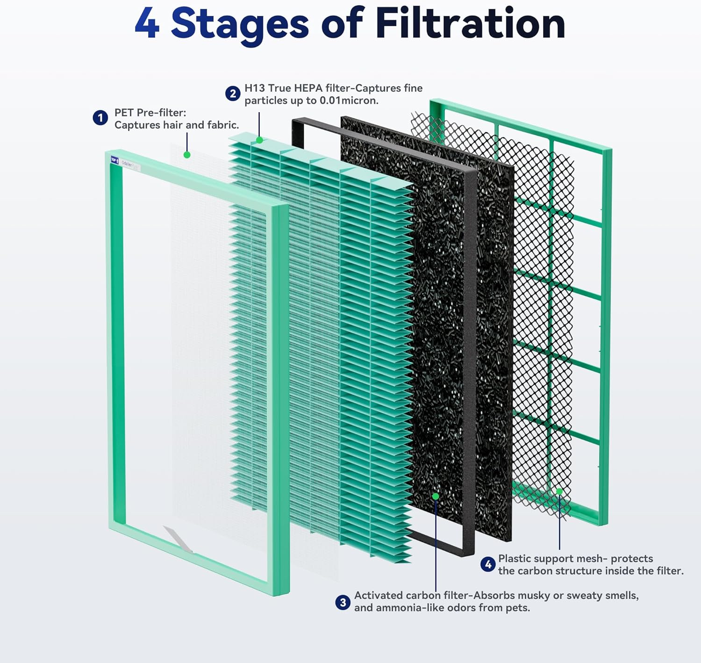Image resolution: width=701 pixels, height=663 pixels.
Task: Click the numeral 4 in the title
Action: click(x=147, y=24)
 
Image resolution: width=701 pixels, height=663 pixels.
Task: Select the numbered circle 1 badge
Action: click(x=100, y=118)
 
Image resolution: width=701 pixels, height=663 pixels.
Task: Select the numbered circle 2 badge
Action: click(x=232, y=94)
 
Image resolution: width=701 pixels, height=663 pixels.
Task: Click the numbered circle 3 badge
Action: click(x=343, y=602)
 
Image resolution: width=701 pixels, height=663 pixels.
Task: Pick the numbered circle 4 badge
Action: click(x=488, y=564)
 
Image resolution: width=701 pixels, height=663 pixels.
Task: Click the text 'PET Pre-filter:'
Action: click(x=150, y=113)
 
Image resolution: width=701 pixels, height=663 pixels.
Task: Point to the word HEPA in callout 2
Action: click(x=308, y=88)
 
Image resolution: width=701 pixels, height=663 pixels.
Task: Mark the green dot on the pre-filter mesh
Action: click(x=187, y=155)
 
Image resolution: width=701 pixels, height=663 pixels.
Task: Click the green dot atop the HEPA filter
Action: click(x=259, y=140)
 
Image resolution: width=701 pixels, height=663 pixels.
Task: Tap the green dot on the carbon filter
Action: click(x=436, y=496)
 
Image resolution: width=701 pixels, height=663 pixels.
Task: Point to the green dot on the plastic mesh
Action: click(x=559, y=491)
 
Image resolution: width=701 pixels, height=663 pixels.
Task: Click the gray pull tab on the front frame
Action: click(x=178, y=539)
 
